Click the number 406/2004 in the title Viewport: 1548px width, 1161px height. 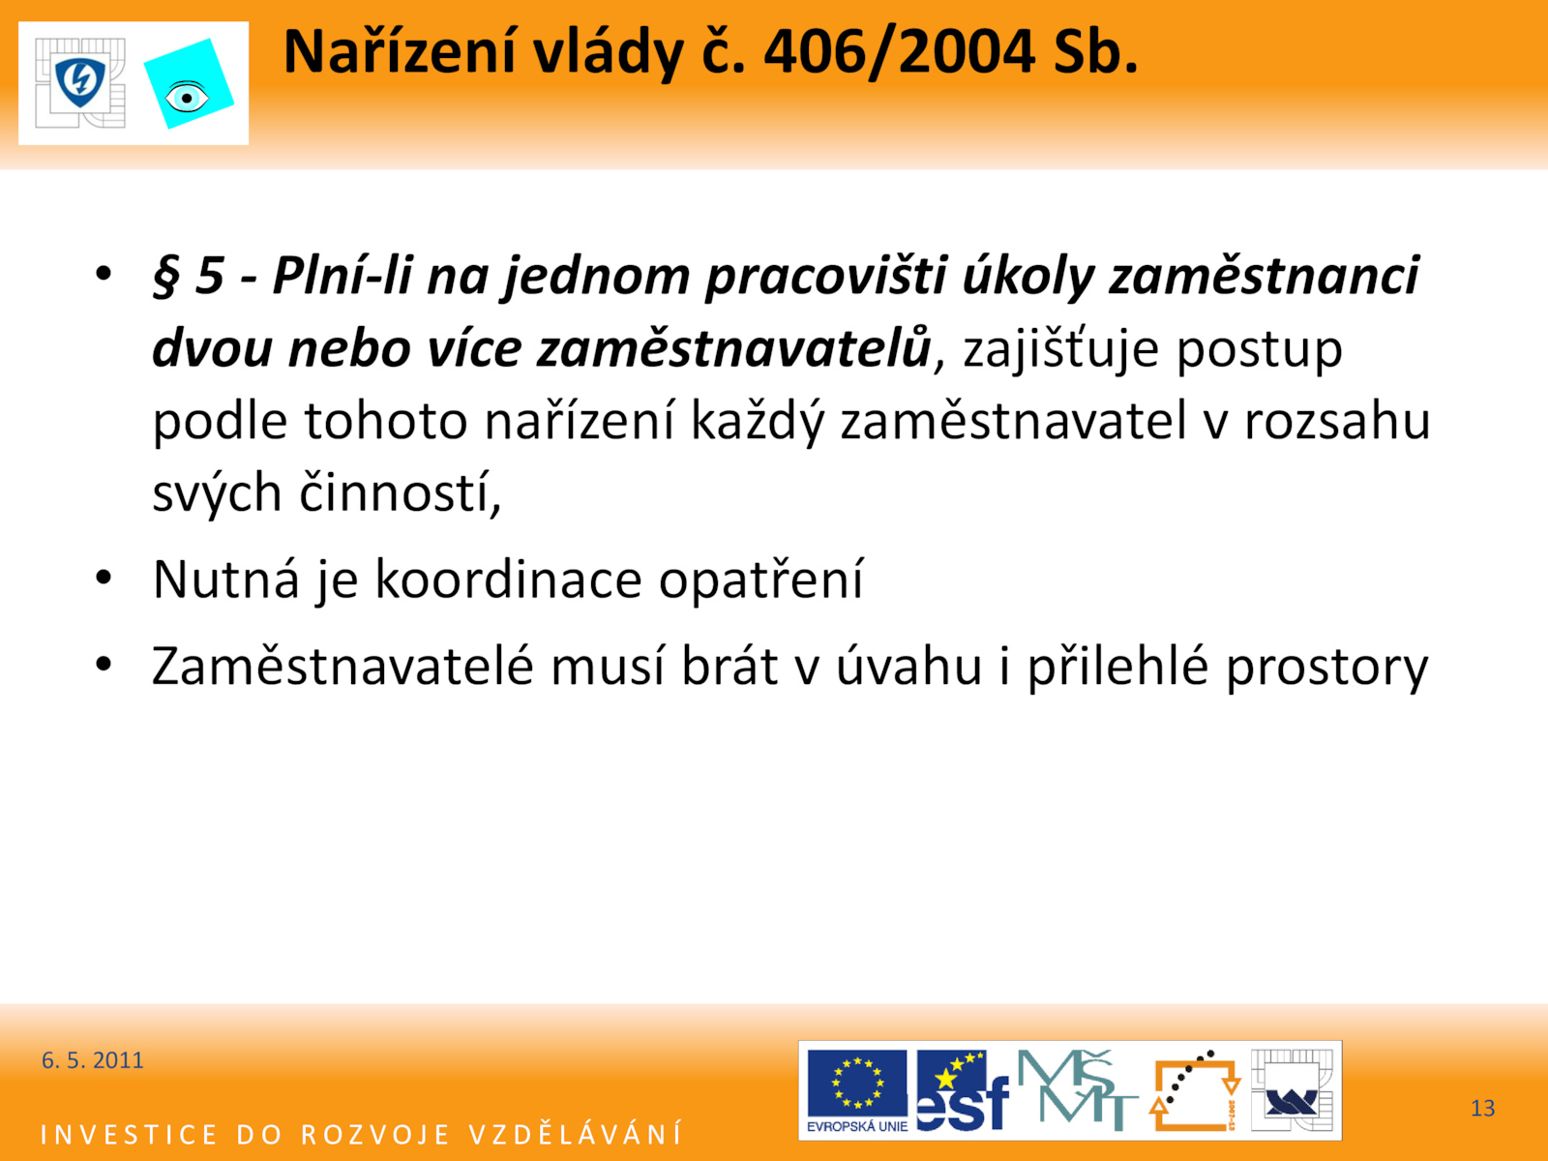[899, 53]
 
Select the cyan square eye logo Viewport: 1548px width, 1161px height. [189, 84]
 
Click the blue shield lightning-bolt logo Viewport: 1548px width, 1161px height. [80, 82]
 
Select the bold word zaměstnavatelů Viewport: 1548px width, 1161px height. [734, 347]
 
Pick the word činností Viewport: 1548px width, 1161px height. [400, 491]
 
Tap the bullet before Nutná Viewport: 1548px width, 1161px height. [104, 578]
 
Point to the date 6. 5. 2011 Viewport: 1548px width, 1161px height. [92, 1060]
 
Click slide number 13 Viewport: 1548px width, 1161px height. [1482, 1108]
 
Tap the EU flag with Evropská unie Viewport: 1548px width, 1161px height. [857, 1090]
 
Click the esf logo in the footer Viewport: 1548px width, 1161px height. [963, 1090]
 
